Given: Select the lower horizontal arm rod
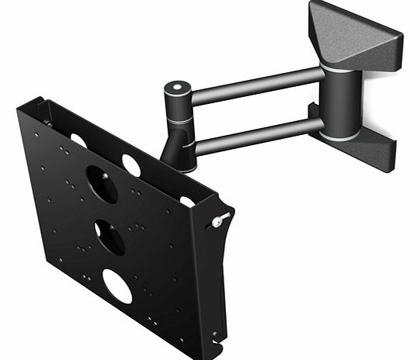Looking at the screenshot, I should click(256, 132).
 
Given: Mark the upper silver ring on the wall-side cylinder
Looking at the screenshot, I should click(340, 68).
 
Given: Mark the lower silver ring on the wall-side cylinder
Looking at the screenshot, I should click(340, 135).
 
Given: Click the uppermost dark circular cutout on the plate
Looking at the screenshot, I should click(102, 184).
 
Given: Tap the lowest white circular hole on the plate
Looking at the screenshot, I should click(117, 287).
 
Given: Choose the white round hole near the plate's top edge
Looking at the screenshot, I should click(130, 164).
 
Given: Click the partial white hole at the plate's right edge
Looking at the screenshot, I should click(187, 202).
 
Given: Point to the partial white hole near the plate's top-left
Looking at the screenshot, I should click(78, 140).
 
